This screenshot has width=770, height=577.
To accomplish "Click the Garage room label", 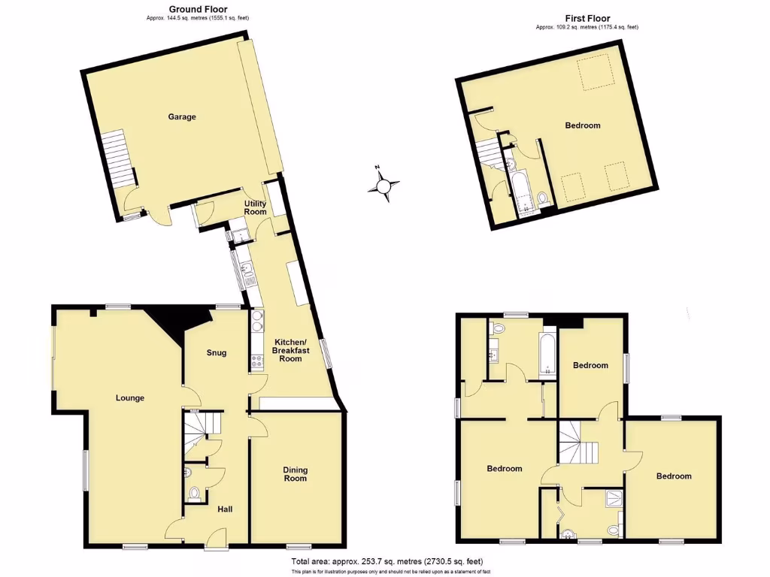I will pyautogui.click(x=182, y=117).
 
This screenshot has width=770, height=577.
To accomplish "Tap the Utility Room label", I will pyautogui.click(x=256, y=207).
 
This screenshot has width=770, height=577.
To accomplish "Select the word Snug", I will pyautogui.click(x=216, y=353).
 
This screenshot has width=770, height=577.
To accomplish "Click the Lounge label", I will pyautogui.click(x=129, y=398).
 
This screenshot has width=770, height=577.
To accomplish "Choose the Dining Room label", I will pyautogui.click(x=296, y=475).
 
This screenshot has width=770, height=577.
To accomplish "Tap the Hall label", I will pyautogui.click(x=225, y=510).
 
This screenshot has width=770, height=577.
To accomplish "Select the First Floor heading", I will pyautogui.click(x=587, y=18).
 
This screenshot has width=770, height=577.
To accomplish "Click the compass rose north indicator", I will pyautogui.click(x=383, y=184).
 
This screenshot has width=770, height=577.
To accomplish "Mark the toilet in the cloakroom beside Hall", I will pyautogui.click(x=195, y=494).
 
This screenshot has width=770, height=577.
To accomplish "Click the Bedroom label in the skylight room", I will pyautogui.click(x=582, y=125).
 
